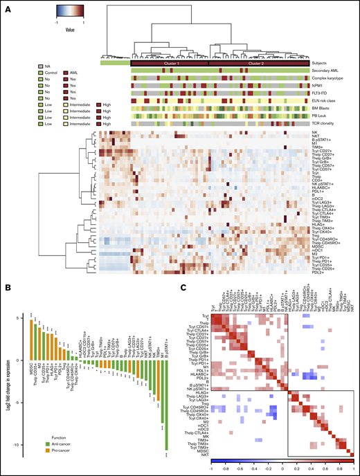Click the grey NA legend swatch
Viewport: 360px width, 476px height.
pyautogui.click(x=41, y=64)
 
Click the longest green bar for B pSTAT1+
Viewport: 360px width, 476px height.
pyautogui.click(x=167, y=391)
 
